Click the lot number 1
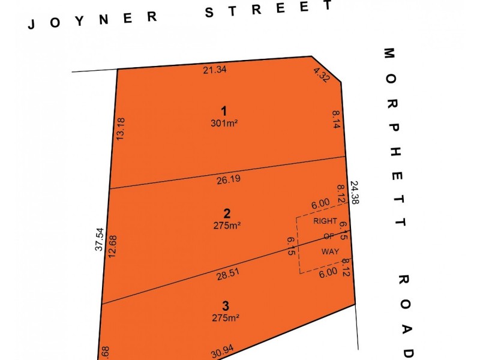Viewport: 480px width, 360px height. tap(224, 111)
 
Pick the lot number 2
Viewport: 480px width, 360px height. tap(227, 213)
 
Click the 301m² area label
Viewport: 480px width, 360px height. tap(224, 124)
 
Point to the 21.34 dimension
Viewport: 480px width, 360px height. tap(215, 70)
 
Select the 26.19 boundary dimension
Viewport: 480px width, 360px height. tap(227, 179)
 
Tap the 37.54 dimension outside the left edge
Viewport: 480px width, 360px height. tap(100, 239)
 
